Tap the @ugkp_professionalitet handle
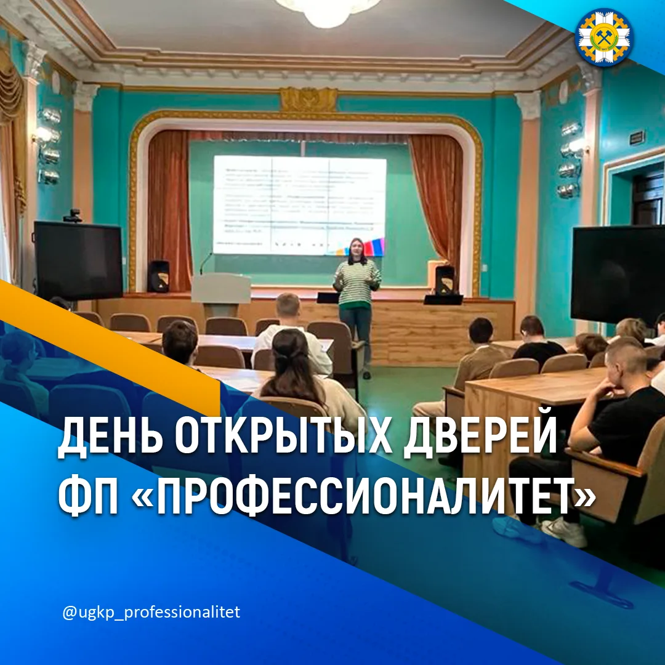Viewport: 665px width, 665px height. (151, 613)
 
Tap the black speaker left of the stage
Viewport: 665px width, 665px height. (158, 276)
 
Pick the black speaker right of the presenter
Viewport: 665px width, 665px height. (444, 280)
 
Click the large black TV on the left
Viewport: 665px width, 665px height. (78, 261)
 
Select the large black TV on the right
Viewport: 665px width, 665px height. (618, 275)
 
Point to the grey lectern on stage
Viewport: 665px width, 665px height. (220, 292)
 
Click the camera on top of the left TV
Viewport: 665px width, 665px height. (73, 216)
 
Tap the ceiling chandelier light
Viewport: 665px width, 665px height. (328, 11)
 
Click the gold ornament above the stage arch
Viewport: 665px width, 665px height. (309, 99)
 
